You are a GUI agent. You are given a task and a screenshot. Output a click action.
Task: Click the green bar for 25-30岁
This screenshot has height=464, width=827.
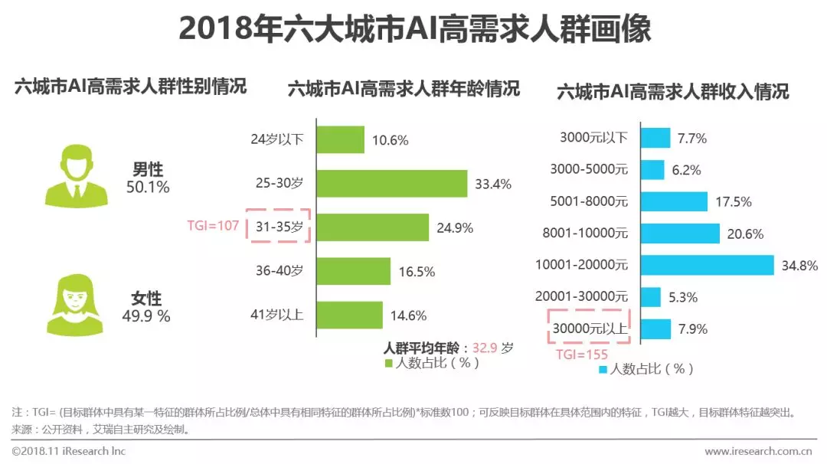pos(391,183)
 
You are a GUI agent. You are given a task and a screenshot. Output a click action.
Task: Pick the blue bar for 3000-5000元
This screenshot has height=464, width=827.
pos(652,170)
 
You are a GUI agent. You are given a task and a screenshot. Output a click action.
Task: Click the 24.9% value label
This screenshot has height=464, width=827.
pos(454,227)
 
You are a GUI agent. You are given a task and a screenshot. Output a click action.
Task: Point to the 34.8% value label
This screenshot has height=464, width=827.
pos(800,266)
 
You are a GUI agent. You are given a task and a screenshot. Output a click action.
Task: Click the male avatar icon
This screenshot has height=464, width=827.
pos(76,178)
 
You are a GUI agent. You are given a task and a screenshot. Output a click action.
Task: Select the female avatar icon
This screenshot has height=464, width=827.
pos(76,306)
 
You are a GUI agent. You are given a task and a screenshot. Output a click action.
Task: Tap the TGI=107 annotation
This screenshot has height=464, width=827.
pos(214,226)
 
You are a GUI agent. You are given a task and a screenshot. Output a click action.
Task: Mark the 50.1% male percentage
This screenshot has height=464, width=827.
pos(148,187)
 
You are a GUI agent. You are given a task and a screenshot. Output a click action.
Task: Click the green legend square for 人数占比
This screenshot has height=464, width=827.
pos(387,363)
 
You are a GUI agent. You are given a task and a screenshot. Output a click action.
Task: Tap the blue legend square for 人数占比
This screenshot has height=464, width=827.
pos(603,369)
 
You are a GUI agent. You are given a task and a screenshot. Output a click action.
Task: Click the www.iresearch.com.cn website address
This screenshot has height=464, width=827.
pos(759,452)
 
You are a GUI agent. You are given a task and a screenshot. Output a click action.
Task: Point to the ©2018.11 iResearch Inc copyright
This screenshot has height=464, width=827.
pos(68,451)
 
